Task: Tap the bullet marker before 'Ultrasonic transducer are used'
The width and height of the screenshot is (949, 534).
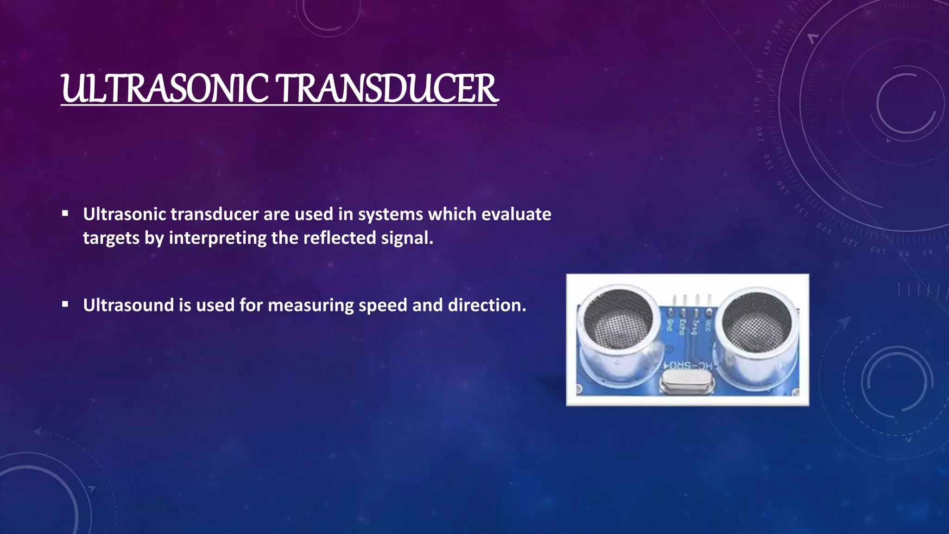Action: tap(65, 214)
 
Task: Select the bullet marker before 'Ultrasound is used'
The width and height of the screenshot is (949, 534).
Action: tap(65, 305)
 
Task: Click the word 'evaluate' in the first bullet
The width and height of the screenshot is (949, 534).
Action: tap(516, 214)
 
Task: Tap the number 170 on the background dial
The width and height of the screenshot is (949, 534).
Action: tap(757, 105)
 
